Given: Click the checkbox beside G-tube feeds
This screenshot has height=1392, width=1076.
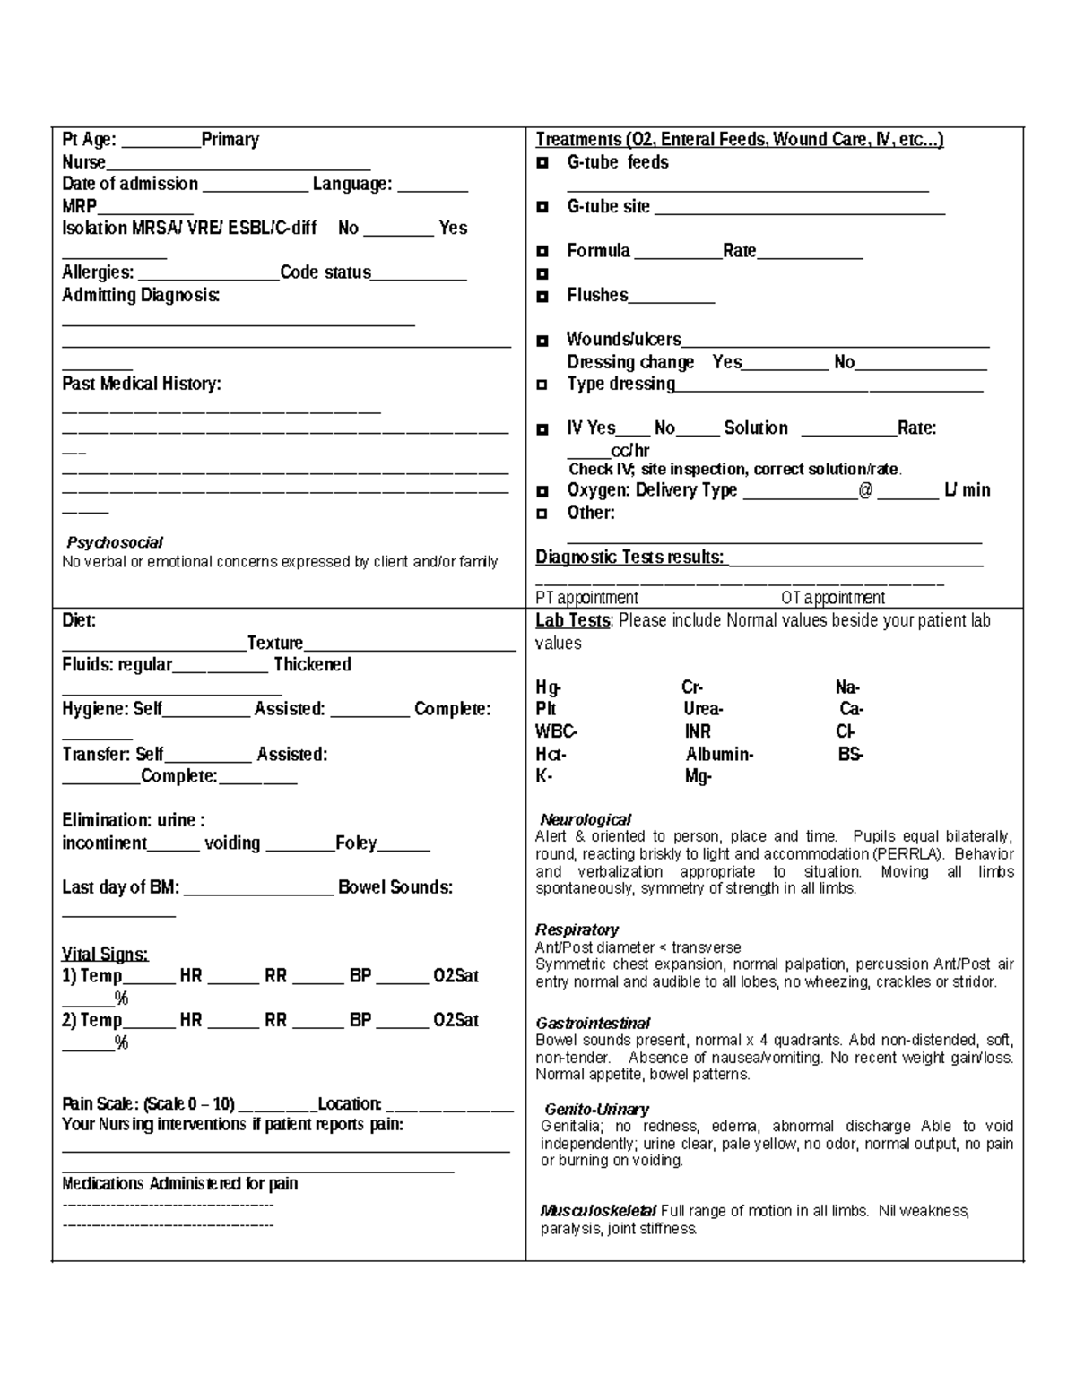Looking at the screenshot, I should (x=542, y=163).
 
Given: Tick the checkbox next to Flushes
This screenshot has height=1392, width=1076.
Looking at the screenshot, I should (x=542, y=296).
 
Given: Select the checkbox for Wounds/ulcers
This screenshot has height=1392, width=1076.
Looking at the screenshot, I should (x=542, y=341).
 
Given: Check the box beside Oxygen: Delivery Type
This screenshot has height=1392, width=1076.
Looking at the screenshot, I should (x=542, y=491).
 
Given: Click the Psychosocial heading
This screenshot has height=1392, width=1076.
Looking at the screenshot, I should (x=115, y=542).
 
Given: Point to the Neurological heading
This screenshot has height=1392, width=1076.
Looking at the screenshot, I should (x=586, y=819).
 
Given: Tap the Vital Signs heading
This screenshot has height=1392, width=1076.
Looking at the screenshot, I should (x=105, y=954).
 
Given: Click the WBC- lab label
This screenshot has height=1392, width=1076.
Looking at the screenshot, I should (x=556, y=731).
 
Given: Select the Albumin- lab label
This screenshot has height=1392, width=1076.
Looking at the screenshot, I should (x=719, y=754).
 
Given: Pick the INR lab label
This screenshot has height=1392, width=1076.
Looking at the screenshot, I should (x=698, y=731).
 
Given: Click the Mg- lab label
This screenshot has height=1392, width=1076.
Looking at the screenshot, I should (x=698, y=776).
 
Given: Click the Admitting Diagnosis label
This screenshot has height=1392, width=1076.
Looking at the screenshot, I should (x=141, y=295).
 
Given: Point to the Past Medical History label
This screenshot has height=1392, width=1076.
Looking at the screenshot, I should (x=142, y=384).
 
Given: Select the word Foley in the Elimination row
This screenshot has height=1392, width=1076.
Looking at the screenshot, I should (x=356, y=843).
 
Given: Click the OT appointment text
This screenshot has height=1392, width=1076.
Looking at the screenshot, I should (x=833, y=598).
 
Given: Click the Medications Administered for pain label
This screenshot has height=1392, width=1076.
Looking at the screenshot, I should (x=179, y=1183).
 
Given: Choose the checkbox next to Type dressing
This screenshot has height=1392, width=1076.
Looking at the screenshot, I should (x=542, y=385).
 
